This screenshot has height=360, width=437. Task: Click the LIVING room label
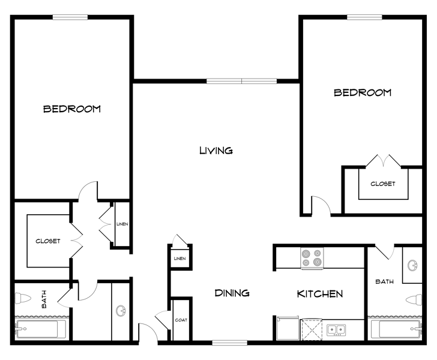pos(216,151)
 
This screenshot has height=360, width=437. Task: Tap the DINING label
pos(232,293)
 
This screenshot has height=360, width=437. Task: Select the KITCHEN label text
pos(320,293)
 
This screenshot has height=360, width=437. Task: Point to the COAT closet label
pos(181,320)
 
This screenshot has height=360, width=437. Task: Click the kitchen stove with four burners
pos(312,258)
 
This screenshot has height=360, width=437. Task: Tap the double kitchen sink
pos(336,330)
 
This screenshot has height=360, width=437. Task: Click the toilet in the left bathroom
pos(23,298)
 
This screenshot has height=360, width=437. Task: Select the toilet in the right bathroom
pos(414,299)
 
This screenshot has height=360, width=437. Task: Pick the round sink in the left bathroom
pos(121,310)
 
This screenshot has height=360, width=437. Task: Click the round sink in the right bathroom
pos(412,265)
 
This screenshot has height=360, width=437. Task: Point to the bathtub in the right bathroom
pos(396,329)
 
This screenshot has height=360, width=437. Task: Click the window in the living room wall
pos(242,81)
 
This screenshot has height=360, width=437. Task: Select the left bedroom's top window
pos(70,17)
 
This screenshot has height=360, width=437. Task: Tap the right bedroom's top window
pos(364,17)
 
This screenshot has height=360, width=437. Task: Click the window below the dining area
pos(230,343)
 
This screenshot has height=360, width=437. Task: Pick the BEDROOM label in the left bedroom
pos(72,109)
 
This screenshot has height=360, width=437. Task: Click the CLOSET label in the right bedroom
pos(382,184)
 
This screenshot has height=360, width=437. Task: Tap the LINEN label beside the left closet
pos(122,224)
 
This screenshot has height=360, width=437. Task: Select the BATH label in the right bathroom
pos(384,282)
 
